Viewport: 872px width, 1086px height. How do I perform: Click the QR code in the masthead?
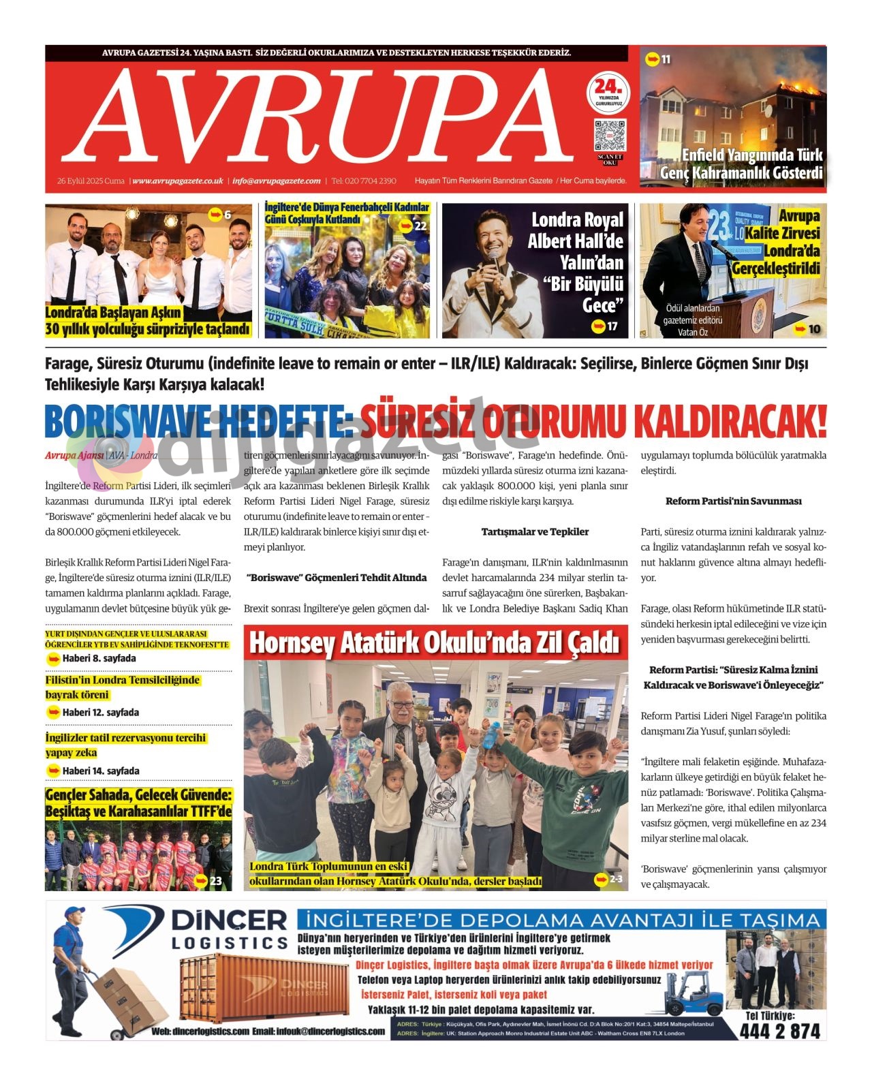tap(609, 135)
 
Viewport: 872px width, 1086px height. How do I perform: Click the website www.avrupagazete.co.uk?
tap(178, 181)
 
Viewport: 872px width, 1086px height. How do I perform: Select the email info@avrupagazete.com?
tap(276, 181)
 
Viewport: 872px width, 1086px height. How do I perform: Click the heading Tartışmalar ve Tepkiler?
tap(535, 531)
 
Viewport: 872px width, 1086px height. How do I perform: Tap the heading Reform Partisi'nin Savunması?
tap(733, 501)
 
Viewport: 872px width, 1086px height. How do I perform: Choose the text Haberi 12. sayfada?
tap(100, 712)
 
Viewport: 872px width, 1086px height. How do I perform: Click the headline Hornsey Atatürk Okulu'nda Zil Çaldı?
tap(435, 642)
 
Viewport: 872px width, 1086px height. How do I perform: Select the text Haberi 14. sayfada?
tap(100, 771)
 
